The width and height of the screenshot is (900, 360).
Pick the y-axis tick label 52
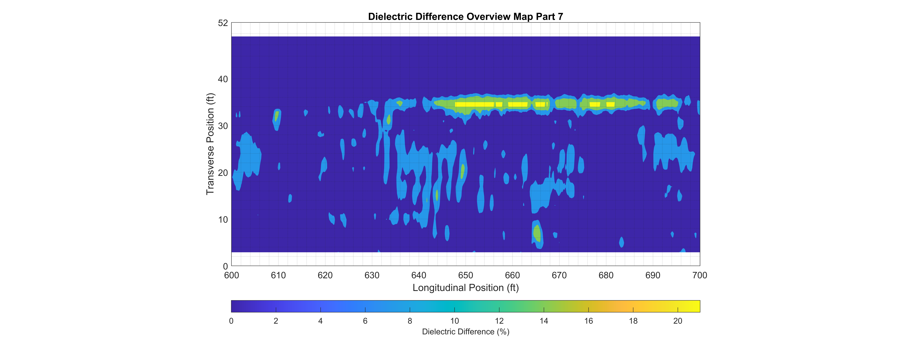pyautogui.click(x=223, y=23)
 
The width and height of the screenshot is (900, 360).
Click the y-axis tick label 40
pyautogui.click(x=223, y=79)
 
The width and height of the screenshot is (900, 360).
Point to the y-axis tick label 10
pyautogui.click(x=223, y=220)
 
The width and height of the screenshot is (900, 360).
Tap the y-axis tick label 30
pyautogui.click(x=223, y=126)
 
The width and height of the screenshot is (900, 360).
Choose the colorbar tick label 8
pyautogui.click(x=410, y=321)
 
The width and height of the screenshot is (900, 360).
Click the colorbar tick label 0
pyautogui.click(x=231, y=321)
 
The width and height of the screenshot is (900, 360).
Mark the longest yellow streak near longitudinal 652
pyautogui.click(x=474, y=104)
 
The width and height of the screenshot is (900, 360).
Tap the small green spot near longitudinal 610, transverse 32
pyautogui.click(x=277, y=116)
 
